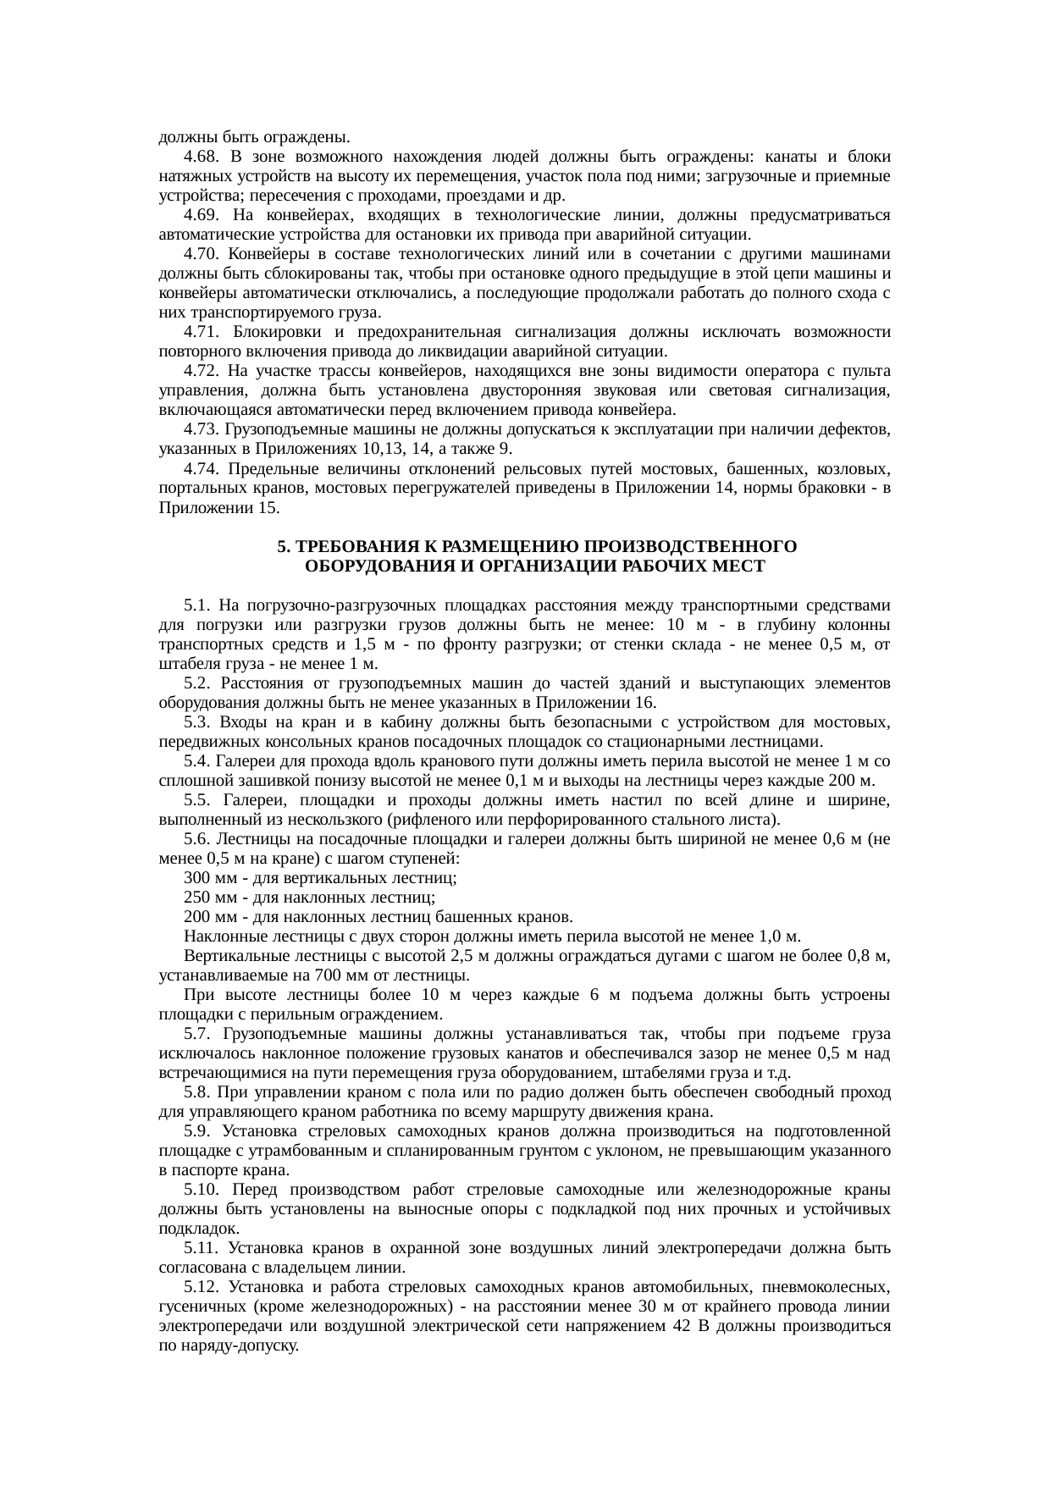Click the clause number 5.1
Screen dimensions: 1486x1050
[x=196, y=605]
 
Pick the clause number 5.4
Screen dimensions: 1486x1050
[x=196, y=761]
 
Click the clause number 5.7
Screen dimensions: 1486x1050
[x=196, y=1034]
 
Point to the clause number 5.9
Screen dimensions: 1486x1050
[x=196, y=1132]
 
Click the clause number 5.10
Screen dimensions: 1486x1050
[x=202, y=1190]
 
